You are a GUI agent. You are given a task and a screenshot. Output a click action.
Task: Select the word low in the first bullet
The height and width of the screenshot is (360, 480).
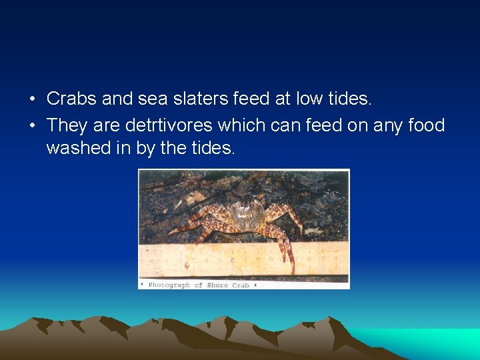pos(310,99)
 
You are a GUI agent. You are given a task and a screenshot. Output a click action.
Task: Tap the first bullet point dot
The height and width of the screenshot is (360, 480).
pos(32,100)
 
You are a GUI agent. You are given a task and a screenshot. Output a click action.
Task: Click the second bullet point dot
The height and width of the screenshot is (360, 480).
pos(32,125)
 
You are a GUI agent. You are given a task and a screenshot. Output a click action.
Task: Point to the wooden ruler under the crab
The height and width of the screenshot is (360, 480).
pos(200,260)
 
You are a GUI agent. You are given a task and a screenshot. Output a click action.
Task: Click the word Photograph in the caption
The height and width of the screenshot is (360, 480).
pos(169,285)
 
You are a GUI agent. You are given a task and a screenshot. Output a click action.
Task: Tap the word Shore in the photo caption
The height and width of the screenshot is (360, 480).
pos(219,285)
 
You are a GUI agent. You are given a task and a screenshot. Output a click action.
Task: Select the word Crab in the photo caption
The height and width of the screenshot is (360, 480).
pos(241,285)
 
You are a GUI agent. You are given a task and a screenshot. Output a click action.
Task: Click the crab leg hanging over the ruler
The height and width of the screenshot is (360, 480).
pos(287,253)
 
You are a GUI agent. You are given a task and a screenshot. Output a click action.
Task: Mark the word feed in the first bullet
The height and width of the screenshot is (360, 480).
pos(253,99)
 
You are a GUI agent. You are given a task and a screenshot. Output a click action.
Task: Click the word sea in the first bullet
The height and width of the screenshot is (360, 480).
pos(150,99)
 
